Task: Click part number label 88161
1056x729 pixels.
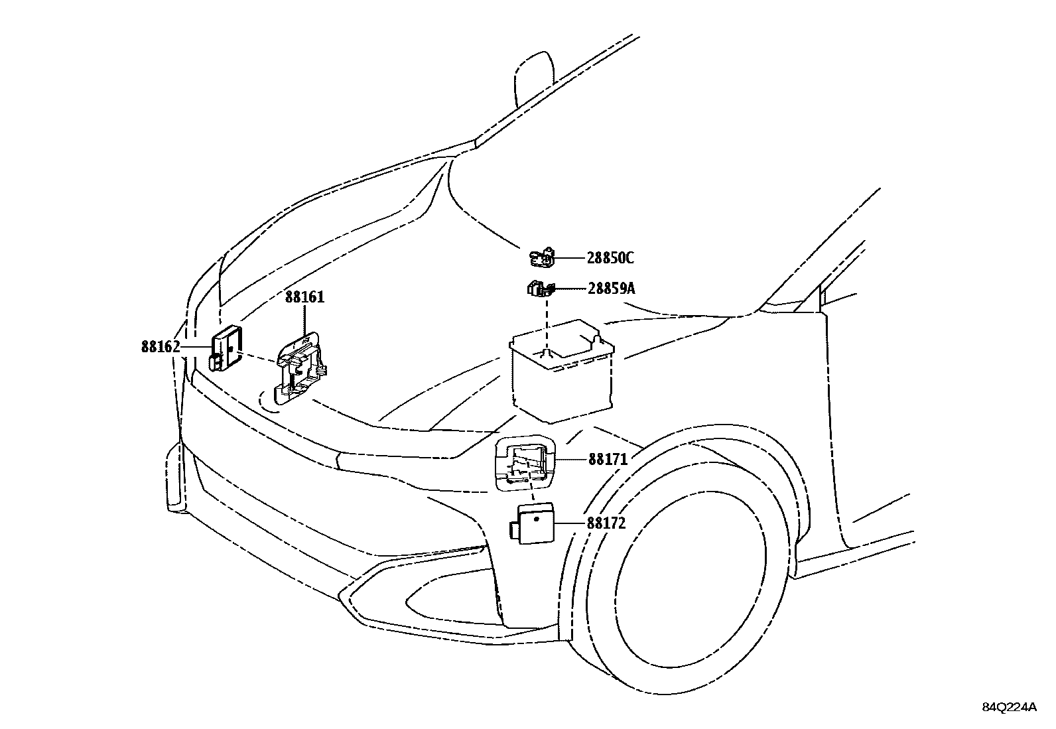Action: click(305, 297)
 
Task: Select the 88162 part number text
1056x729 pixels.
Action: click(161, 346)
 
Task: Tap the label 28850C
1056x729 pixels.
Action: click(610, 258)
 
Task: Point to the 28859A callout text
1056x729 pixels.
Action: click(611, 289)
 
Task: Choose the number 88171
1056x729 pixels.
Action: click(608, 459)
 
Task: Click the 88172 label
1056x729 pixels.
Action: click(606, 523)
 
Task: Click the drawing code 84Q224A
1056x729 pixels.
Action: click(1009, 707)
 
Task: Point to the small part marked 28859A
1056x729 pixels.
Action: click(539, 289)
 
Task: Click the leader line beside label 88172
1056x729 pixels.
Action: click(570, 523)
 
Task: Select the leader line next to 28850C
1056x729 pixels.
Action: click(568, 257)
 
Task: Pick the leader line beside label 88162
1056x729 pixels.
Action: click(196, 346)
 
